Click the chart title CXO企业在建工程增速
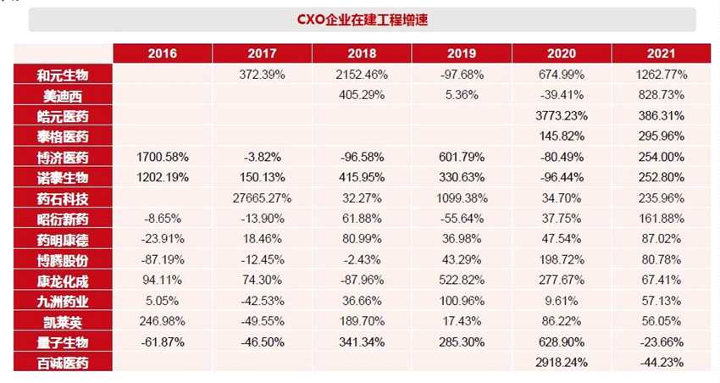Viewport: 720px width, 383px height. pyautogui.click(x=363, y=19)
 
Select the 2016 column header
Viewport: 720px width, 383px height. pyautogui.click(x=163, y=53)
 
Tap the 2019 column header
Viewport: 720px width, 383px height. pyautogui.click(x=461, y=53)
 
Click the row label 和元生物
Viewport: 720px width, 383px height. pyautogui.click(x=63, y=75)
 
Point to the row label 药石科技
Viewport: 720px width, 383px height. pyautogui.click(x=63, y=198)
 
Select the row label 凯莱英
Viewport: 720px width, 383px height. pyautogui.click(x=63, y=322)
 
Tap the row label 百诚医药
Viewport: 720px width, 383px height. pyautogui.click(x=63, y=363)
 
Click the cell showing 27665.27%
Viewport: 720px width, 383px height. pyautogui.click(x=262, y=198)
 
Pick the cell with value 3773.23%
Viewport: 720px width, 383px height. pyautogui.click(x=562, y=115)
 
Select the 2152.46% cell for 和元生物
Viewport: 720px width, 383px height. pyautogui.click(x=362, y=75)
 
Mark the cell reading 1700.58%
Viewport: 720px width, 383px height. pyautogui.click(x=163, y=157)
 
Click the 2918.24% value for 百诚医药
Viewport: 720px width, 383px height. pyautogui.click(x=562, y=363)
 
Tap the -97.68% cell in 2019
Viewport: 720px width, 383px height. pyautogui.click(x=461, y=75)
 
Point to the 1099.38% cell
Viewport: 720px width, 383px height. pyautogui.click(x=461, y=198)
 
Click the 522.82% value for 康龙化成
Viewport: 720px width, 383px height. pyautogui.click(x=461, y=280)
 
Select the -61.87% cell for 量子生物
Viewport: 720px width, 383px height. pyautogui.click(x=163, y=342)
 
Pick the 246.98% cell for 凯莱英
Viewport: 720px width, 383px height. pyautogui.click(x=163, y=322)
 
